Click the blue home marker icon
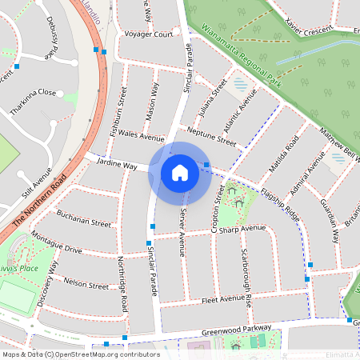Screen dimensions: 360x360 coord(180,172)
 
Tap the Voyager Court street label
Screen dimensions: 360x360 coord(149,34)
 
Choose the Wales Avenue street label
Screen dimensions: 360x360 coord(141,137)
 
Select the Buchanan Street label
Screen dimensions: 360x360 coord(84,218)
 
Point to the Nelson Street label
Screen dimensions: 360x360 coord(86,284)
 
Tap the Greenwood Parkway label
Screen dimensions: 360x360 coord(237,330)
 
